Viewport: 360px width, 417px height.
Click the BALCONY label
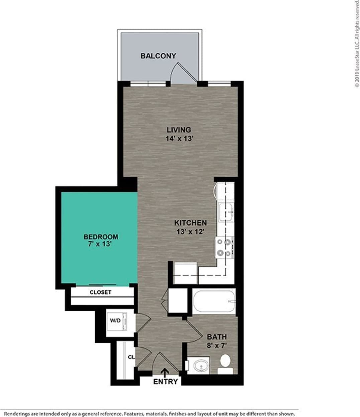click(x=158, y=56)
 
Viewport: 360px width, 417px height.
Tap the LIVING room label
click(x=179, y=130)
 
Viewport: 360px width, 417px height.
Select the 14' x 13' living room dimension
click(x=179, y=139)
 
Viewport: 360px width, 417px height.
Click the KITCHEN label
click(x=190, y=223)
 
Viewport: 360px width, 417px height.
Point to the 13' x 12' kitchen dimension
click(x=190, y=231)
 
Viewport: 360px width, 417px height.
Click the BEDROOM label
click(x=101, y=237)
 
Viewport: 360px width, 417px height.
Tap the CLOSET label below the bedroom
click(x=100, y=292)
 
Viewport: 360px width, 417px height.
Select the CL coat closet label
click(x=131, y=357)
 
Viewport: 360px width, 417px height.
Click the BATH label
click(x=217, y=337)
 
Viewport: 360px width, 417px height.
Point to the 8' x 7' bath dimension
click(x=217, y=346)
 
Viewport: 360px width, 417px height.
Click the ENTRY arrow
click(x=164, y=372)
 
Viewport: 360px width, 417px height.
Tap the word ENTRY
click(x=165, y=381)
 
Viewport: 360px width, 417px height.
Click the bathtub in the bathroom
click(x=214, y=301)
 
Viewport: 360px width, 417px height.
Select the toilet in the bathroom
click(x=226, y=363)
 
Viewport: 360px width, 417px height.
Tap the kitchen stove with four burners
click(x=224, y=247)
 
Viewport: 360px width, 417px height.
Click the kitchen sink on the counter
click(x=226, y=212)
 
